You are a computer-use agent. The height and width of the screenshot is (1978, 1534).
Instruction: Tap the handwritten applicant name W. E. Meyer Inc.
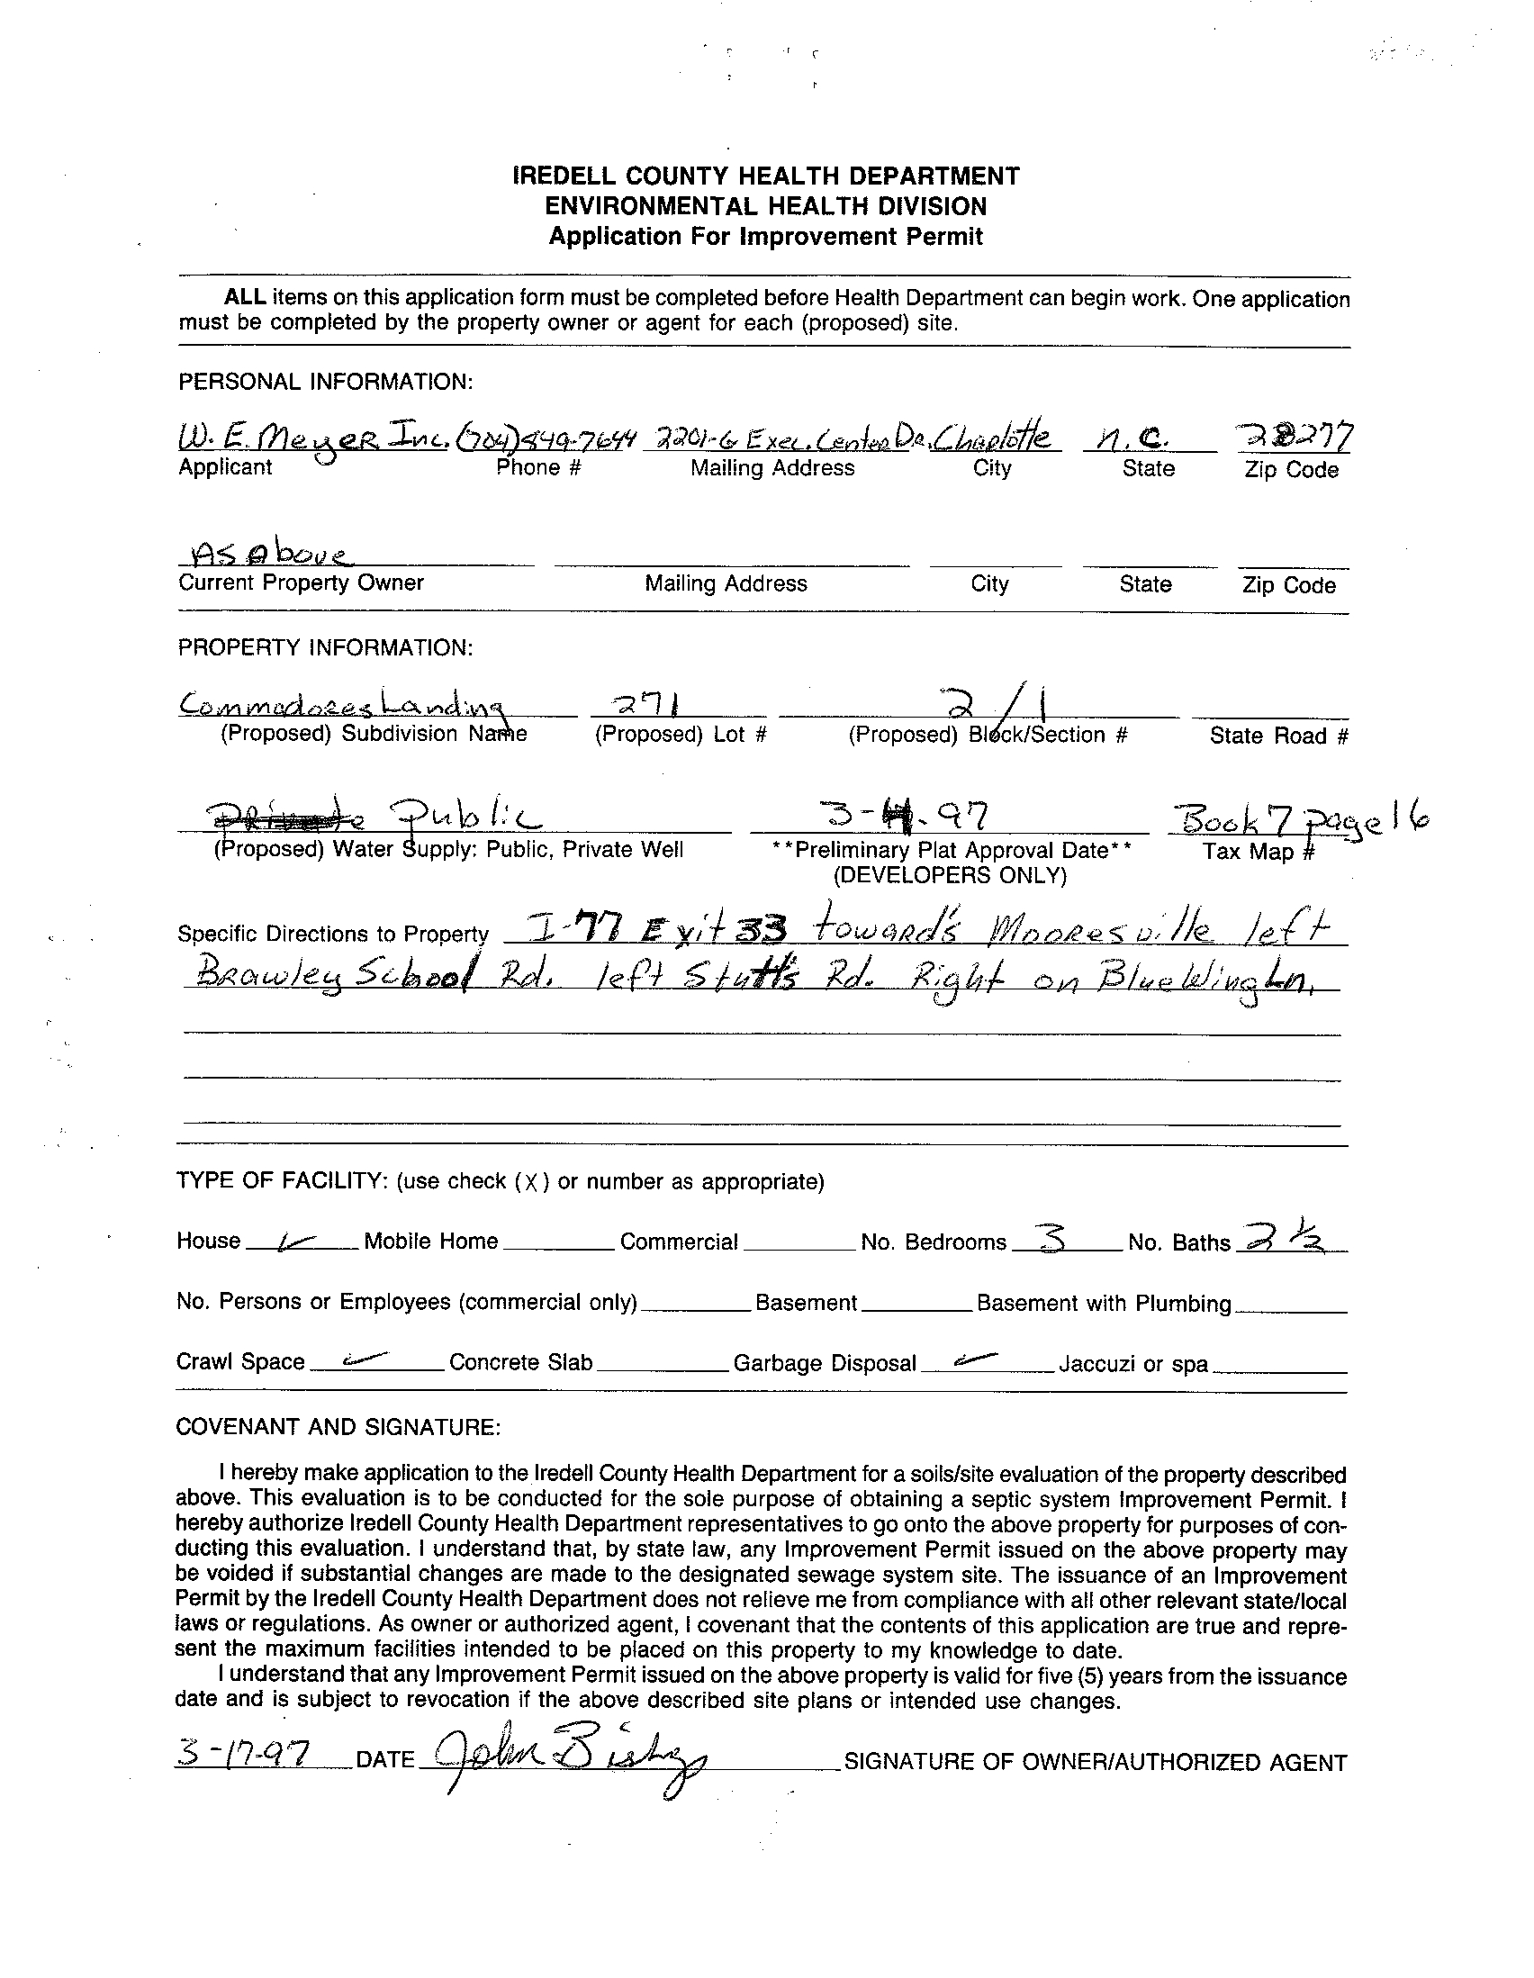(x=311, y=441)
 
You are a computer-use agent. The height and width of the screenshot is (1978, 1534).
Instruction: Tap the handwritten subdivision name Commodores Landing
(x=345, y=702)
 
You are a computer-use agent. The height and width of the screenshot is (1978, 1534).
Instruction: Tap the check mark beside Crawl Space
(x=354, y=1359)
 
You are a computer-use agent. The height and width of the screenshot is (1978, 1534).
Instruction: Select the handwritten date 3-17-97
(x=244, y=1757)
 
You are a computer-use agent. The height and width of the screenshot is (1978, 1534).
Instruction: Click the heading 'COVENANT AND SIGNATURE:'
(x=337, y=1427)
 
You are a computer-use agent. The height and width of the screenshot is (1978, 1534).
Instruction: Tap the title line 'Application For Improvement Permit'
(x=765, y=237)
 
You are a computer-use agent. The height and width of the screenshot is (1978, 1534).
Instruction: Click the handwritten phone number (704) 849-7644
(x=546, y=440)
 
